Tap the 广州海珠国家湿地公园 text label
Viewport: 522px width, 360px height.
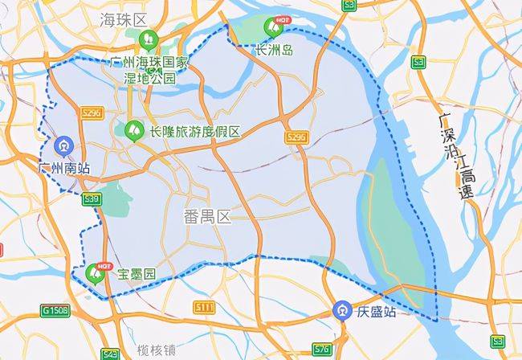pyautogui.click(x=152, y=70)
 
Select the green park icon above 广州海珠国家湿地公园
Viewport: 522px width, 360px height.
pyautogui.click(x=148, y=38)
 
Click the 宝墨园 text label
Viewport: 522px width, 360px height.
pyautogui.click(x=136, y=275)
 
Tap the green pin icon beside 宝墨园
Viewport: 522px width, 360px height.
pyautogui.click(x=95, y=275)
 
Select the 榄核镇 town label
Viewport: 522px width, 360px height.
pyautogui.click(x=157, y=351)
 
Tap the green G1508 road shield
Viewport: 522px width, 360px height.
pyautogui.click(x=56, y=309)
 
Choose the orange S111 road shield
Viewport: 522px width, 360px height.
pyautogui.click(x=204, y=306)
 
